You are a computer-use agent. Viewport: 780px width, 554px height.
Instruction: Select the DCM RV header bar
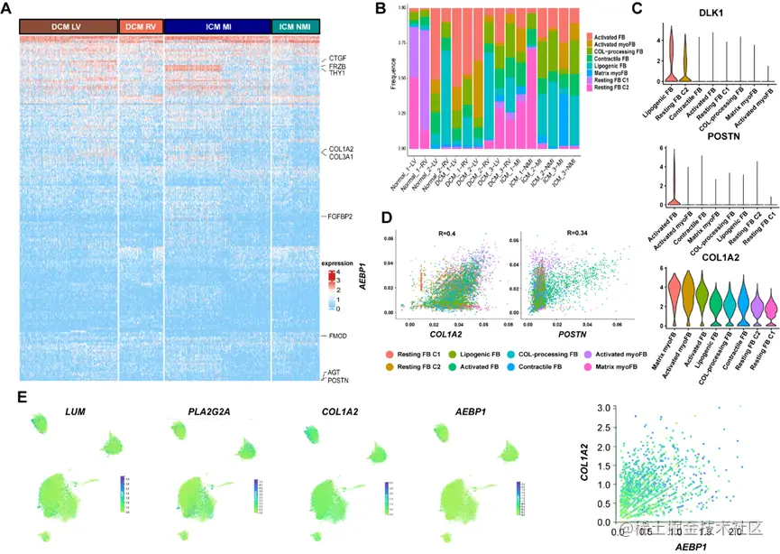point(141,27)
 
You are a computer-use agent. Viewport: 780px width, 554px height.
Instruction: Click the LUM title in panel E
point(74,386)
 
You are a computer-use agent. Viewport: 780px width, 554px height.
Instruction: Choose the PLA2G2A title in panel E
point(201,386)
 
